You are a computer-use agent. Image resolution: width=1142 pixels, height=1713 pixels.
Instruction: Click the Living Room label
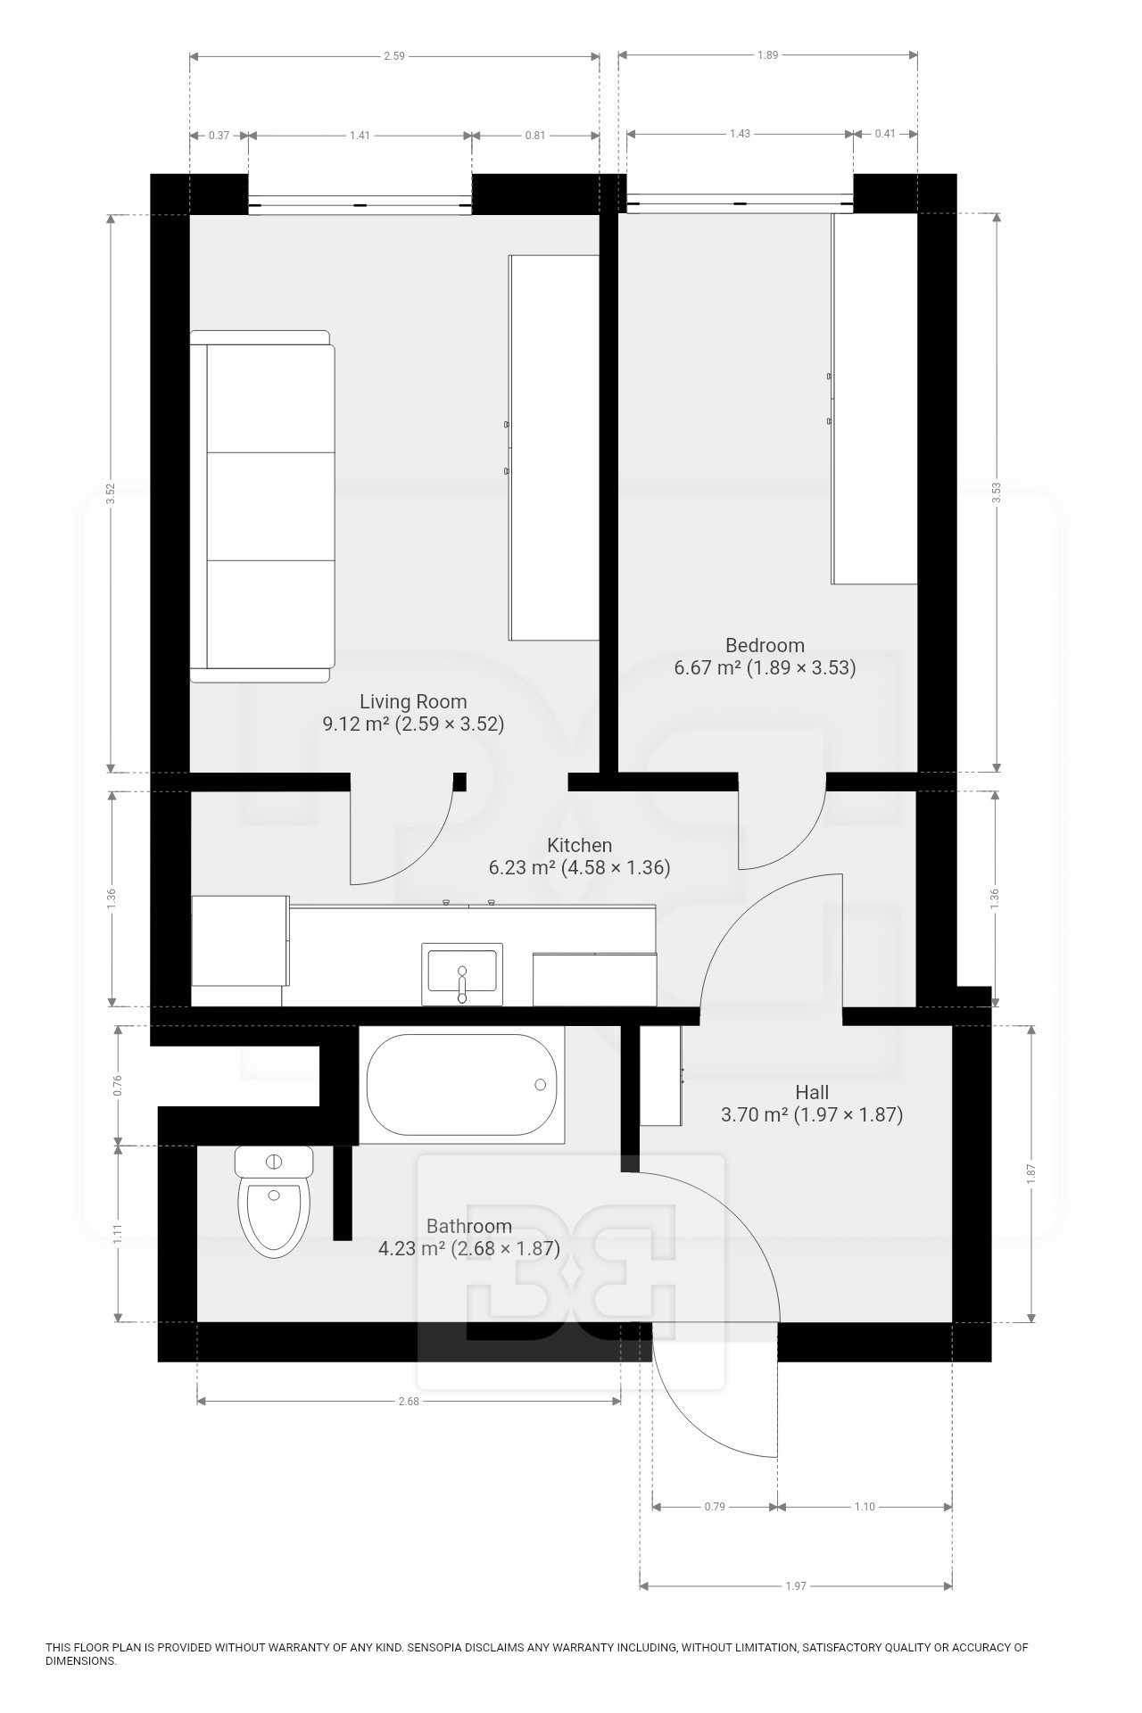pos(413,701)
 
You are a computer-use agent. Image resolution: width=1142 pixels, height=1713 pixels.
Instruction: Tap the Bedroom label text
pos(765,645)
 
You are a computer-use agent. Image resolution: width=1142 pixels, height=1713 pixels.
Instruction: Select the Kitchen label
pos(579,845)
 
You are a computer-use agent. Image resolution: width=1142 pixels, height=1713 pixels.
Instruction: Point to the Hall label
pos(812,1092)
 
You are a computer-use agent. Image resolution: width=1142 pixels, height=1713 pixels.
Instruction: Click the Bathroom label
pos(469,1226)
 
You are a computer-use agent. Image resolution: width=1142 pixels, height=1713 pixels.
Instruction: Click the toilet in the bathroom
pos(274,1202)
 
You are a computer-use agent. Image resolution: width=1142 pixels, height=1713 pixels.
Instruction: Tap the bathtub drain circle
pos(540,1085)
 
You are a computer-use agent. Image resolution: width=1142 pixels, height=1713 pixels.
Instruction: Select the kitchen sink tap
pos(461,981)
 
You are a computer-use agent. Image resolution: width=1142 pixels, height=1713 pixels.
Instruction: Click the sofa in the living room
pos(262,507)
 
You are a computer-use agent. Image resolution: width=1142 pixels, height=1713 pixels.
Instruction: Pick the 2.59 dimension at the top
pos(393,55)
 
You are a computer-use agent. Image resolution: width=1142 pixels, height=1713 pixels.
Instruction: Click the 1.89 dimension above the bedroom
pos(767,55)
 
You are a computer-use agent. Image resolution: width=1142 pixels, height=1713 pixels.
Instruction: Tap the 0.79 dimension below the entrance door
pos(715,1506)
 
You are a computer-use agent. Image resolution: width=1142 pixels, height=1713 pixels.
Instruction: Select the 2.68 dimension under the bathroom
pos(408,1401)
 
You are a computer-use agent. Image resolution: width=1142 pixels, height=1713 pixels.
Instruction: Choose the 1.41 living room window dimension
pos(360,136)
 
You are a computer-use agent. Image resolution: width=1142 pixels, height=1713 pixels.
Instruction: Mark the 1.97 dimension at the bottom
pos(796,1585)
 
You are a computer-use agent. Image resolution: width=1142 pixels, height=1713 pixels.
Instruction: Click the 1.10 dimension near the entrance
pos(865,1506)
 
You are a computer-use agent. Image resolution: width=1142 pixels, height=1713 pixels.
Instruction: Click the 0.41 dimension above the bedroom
pos(885,134)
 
